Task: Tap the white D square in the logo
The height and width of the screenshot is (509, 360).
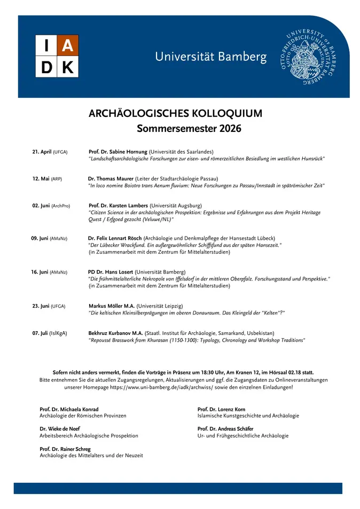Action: pyautogui.click(x=46, y=67)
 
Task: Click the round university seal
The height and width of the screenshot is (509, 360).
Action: pyautogui.click(x=309, y=56)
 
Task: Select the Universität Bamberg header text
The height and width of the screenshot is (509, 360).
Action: pyautogui.click(x=210, y=57)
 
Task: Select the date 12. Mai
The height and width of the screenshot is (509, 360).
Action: pyautogui.click(x=41, y=178)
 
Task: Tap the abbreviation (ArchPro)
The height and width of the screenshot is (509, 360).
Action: pyautogui.click(x=60, y=205)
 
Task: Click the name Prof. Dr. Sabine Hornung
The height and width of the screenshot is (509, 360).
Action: pyautogui.click(x=118, y=152)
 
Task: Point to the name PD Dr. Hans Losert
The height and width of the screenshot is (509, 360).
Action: pyautogui.click(x=111, y=272)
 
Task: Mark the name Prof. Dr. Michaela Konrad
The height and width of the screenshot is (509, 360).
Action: pyautogui.click(x=69, y=409)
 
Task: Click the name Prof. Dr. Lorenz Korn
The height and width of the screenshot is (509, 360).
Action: pyautogui.click(x=221, y=409)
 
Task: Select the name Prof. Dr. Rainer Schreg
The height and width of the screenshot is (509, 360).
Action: pyautogui.click(x=65, y=449)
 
